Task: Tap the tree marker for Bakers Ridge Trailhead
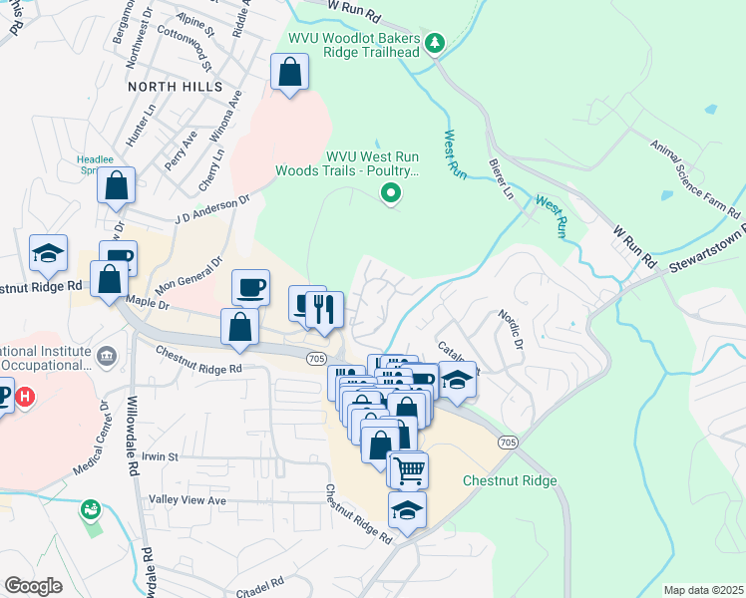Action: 434,42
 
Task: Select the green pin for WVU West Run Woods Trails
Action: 392,193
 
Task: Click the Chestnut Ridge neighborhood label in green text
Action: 510,480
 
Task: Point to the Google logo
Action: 33,585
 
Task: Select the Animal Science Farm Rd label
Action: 695,180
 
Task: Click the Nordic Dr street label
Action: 510,330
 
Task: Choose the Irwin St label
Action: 159,456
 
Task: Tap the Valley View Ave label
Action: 187,499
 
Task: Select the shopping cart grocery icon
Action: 407,468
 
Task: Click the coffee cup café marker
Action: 250,287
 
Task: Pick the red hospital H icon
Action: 25,397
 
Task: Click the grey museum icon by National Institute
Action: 107,355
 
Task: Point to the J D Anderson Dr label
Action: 210,209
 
